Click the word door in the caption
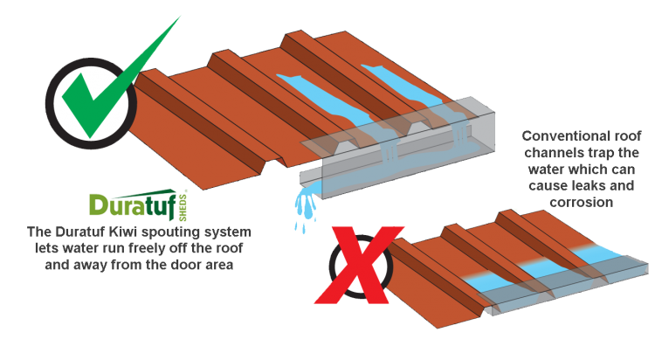[184, 265]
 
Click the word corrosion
[581, 203]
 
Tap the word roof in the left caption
[230, 248]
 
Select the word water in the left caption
[79, 249]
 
